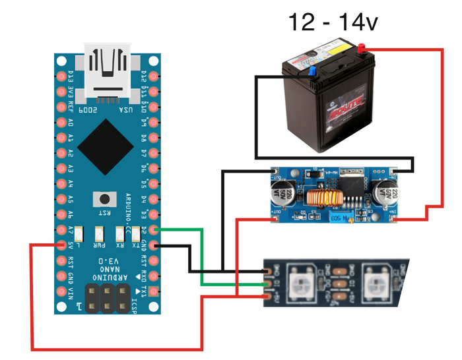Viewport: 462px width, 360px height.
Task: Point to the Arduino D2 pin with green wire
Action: point(154,229)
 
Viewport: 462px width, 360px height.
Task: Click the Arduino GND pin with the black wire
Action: point(154,245)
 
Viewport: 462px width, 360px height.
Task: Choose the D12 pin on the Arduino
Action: point(154,76)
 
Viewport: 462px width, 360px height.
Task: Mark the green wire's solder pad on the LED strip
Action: point(267,284)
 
